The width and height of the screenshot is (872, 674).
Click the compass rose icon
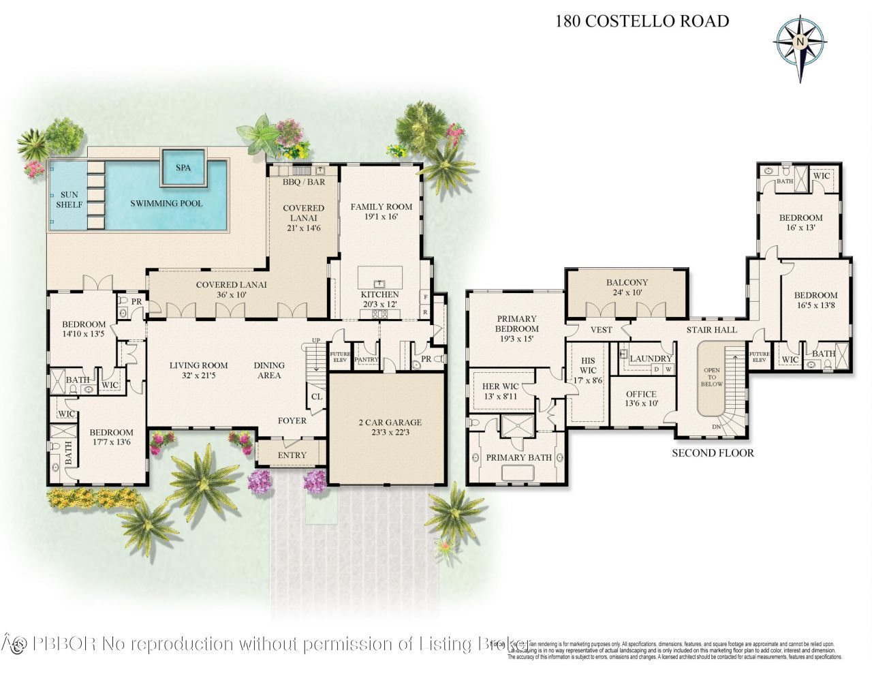[x=800, y=42]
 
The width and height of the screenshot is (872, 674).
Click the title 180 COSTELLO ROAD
[x=642, y=21]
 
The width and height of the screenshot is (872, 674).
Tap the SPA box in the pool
[x=183, y=168]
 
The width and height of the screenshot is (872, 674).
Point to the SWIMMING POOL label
[x=166, y=203]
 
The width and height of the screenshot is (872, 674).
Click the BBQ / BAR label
[x=304, y=182]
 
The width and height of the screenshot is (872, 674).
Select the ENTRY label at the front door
[x=292, y=455]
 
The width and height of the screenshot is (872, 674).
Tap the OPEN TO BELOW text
[x=711, y=377]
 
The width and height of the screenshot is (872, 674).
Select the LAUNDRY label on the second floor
[x=651, y=358]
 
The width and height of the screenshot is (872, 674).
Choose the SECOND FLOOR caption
[x=713, y=453]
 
